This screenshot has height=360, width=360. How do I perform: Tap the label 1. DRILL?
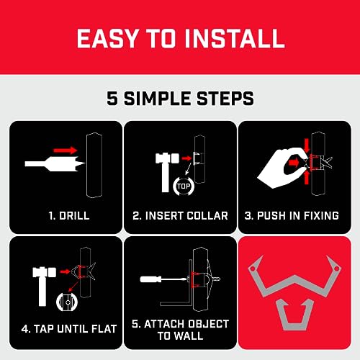click(64, 215)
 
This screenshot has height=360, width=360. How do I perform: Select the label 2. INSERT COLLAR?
click(180, 215)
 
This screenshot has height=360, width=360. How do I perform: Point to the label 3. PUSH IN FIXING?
click(296, 215)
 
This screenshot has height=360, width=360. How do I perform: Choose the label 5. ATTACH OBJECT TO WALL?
click(180, 329)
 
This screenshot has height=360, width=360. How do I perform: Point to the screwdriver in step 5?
click(157, 276)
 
